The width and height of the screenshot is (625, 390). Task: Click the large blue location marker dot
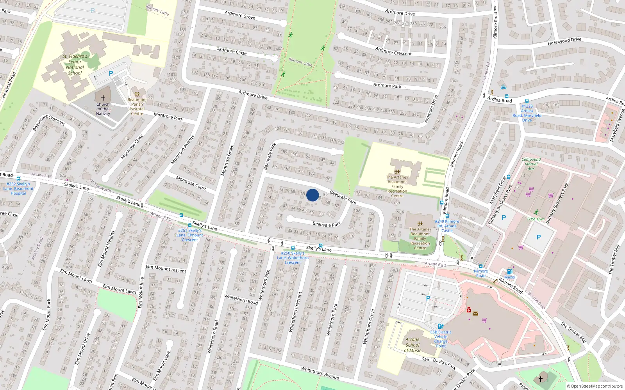click(x=312, y=195)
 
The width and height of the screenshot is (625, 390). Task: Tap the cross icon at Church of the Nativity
click(x=103, y=98)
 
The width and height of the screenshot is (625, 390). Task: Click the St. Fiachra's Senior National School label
click(x=75, y=65)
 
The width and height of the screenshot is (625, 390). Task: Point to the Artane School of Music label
click(x=412, y=345)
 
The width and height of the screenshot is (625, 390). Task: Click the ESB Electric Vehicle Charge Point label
click(x=441, y=339)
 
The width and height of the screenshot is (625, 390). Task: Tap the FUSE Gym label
click(x=536, y=219)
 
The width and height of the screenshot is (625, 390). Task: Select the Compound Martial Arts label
click(x=531, y=164)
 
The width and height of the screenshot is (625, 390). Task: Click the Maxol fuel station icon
click(x=509, y=271)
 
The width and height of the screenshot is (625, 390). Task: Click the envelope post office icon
click(x=475, y=313)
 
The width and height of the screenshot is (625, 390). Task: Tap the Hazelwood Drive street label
click(x=564, y=41)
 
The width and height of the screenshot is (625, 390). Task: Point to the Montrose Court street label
click(x=191, y=183)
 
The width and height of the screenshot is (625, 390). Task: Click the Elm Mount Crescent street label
click(x=166, y=269)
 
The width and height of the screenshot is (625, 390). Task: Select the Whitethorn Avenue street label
click(x=320, y=373)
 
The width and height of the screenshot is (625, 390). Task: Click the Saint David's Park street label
click(x=439, y=363)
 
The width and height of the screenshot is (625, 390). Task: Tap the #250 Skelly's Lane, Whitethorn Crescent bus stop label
click(x=293, y=258)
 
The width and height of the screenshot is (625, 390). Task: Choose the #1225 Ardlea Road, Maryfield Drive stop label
click(x=527, y=113)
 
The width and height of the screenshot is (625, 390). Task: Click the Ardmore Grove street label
click(x=240, y=15)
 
